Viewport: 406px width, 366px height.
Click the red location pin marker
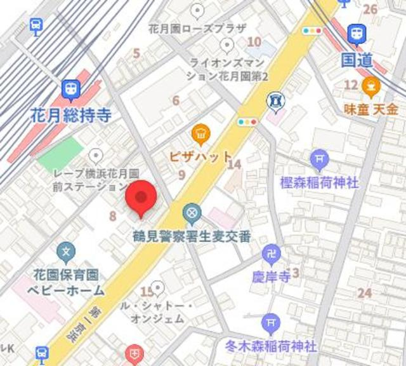140,197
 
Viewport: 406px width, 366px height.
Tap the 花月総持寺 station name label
71,116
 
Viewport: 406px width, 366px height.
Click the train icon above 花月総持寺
71,89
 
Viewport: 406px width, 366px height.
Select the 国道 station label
356,60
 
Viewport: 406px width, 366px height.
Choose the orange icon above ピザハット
200,133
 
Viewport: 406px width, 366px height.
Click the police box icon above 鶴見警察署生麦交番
192,213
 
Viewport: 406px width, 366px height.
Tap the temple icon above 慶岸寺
272,255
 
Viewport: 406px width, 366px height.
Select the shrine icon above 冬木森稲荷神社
271,323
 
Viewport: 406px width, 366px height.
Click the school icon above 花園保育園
66,253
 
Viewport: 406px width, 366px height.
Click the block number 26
370,9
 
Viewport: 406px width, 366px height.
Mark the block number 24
364,293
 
